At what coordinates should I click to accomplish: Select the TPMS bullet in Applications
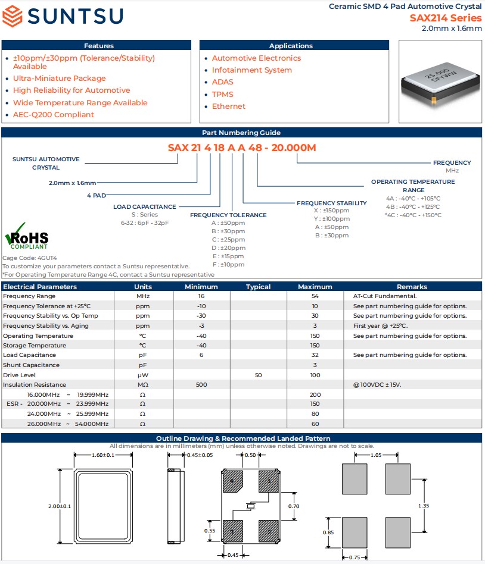point(222,94)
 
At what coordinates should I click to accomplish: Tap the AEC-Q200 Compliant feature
point(54,114)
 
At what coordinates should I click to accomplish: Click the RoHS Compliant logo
point(27,237)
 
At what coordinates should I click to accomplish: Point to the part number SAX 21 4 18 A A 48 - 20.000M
point(242,148)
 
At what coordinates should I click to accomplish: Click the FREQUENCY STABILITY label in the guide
point(331,203)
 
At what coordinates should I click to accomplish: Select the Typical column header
point(258,286)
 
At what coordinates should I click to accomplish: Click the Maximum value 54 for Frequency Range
point(315,296)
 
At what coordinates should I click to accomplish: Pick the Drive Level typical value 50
point(258,375)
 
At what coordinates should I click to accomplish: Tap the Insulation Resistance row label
point(35,384)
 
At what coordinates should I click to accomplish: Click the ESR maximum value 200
point(315,394)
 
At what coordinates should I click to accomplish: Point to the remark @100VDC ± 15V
point(377,384)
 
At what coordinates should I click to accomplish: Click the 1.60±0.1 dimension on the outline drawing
point(102,455)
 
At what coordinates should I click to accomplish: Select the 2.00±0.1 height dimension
point(60,506)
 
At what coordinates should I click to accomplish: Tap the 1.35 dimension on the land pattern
point(424,506)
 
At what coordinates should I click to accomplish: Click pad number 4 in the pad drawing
point(232,480)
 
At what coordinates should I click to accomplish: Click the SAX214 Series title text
point(445,18)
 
